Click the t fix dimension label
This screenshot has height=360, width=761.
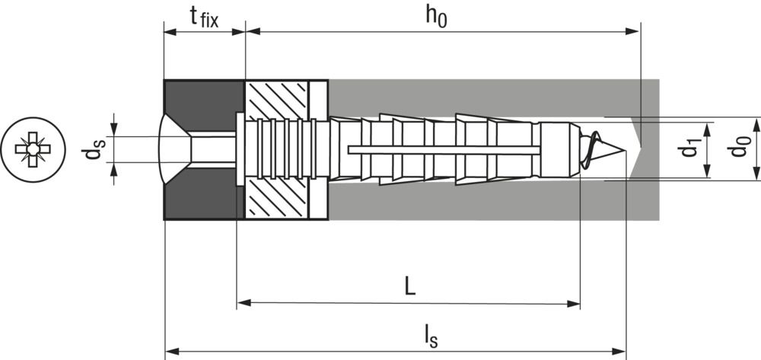coord(204,18)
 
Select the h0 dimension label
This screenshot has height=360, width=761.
coord(436,17)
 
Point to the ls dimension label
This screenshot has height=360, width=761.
coord(431,336)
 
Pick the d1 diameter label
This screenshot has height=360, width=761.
coord(689,149)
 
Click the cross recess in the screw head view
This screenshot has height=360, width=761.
coord(33,149)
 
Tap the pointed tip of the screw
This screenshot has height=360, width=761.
coord(624,151)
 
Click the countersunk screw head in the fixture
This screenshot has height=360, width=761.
coord(176,149)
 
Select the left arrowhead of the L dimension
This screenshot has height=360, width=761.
coord(244,303)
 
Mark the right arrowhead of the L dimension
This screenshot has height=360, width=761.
coord(574,304)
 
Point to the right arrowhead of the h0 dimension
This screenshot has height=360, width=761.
coord(632,31)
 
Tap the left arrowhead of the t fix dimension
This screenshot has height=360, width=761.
coord(170,32)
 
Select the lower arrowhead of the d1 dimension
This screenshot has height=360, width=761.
coord(708,171)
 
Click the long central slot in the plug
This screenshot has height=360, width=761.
coord(444,150)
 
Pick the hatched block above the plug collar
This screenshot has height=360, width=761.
coord(277,101)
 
